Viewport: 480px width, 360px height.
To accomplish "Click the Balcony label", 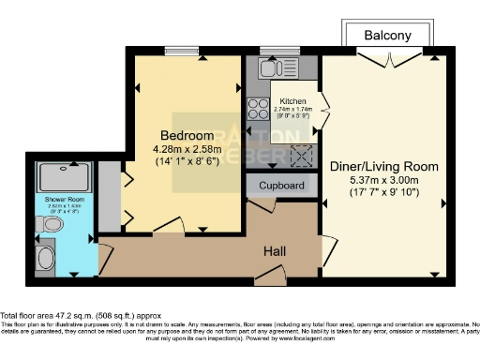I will coord(388,36).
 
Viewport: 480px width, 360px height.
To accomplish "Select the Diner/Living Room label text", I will coord(384,166).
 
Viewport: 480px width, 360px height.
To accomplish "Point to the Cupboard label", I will coord(281,187).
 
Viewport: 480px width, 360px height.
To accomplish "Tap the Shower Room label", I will coord(63,200).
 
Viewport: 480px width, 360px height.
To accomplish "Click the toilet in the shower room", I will coord(52,225).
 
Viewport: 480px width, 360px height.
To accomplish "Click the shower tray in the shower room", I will coord(64,176).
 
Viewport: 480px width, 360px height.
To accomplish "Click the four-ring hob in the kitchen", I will coord(256,105).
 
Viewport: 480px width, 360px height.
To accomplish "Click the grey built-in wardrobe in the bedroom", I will coord(111,197).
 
